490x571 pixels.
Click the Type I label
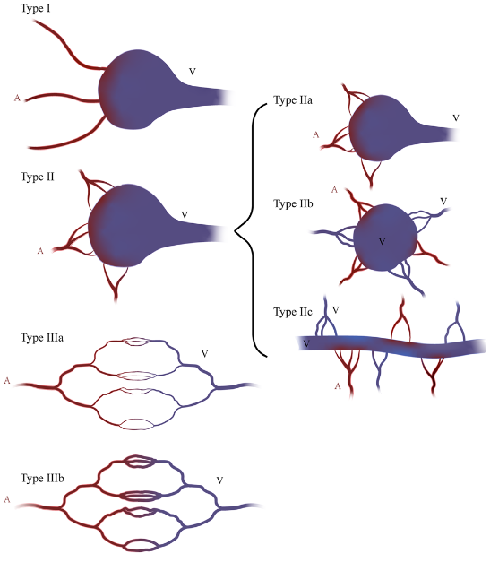tap(35, 8)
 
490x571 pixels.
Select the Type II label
tap(38, 177)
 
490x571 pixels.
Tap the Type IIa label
tap(293, 100)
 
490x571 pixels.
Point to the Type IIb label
tap(293, 203)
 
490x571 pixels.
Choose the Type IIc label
tap(293, 312)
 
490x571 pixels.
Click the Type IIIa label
tap(42, 338)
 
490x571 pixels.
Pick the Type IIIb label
tap(42, 478)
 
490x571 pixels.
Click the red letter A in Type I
tap(17, 98)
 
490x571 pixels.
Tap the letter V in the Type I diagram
tap(193, 72)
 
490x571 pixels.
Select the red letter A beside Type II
tap(40, 251)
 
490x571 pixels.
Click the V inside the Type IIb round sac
tap(382, 241)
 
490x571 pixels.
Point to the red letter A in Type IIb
tap(334, 190)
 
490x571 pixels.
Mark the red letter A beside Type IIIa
tap(7, 381)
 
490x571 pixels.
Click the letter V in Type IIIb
tap(219, 480)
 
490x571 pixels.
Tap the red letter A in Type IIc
tap(338, 386)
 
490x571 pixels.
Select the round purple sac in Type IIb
tap(385, 238)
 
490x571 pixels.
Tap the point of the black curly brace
tap(235, 231)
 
